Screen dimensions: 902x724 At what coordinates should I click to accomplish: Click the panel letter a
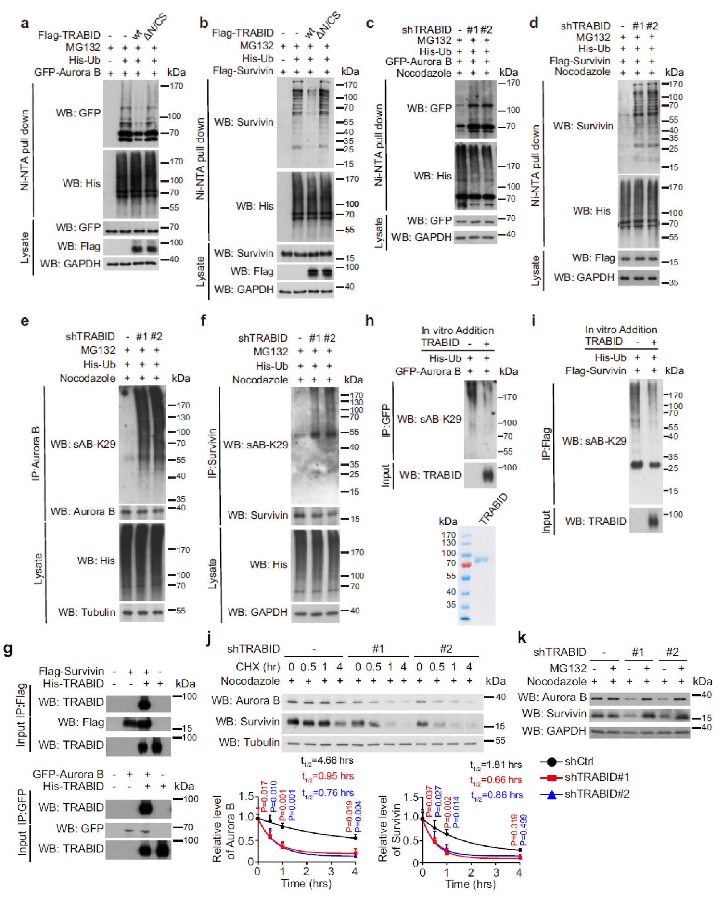25,23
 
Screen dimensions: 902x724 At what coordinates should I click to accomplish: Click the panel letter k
522,638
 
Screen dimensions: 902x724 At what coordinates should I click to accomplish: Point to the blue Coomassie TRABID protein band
481,559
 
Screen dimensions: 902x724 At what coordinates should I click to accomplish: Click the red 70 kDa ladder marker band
466,565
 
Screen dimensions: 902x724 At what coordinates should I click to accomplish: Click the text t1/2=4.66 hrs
327,761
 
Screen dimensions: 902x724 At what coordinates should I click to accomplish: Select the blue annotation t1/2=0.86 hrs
497,795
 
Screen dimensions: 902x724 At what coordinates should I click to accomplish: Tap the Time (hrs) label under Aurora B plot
306,884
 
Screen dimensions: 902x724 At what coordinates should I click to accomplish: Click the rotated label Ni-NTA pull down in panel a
25,150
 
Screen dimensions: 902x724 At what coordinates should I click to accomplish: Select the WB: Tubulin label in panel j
249,742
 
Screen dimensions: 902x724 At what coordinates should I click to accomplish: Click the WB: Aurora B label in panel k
552,697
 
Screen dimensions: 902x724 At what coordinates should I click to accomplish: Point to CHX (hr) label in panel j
258,666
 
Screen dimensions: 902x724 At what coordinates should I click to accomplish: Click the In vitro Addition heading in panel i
621,330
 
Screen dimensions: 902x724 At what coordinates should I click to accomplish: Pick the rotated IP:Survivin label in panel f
213,452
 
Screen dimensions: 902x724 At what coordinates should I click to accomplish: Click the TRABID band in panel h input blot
488,475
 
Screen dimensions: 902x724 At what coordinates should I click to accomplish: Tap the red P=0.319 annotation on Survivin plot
514,829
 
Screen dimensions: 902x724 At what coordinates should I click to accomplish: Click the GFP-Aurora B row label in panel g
68,774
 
